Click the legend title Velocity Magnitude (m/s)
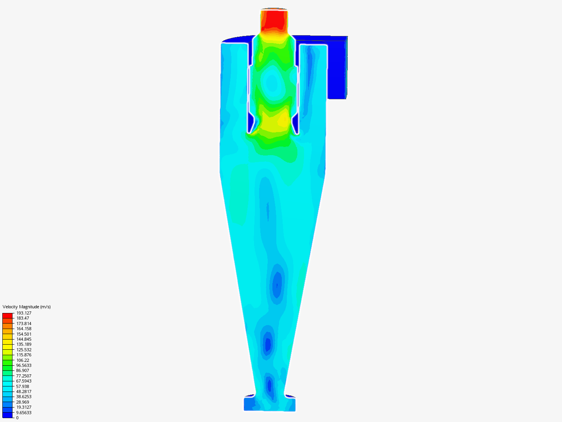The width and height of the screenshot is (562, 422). point(27,307)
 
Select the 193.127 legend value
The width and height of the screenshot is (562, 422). point(24,313)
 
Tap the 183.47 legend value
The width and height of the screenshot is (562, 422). point(23,318)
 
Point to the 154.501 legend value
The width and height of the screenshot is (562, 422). point(24,334)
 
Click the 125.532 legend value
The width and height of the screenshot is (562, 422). point(24,349)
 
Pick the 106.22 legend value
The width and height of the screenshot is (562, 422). point(23,360)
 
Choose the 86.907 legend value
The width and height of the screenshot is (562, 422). point(23,370)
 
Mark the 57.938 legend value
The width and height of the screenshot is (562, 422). point(23,386)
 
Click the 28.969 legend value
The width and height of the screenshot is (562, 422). point(23,402)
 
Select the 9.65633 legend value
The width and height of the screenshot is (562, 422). point(24,413)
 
